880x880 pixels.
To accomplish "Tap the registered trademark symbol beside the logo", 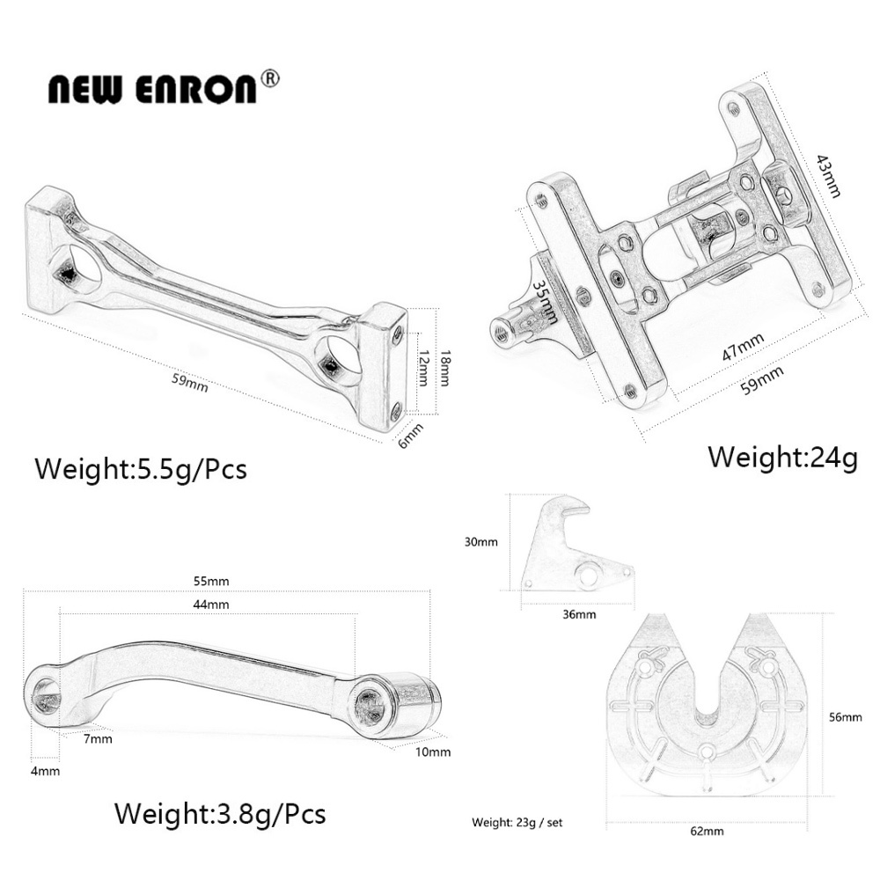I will point(271,78).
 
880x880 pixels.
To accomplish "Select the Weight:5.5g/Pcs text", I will point(141,468).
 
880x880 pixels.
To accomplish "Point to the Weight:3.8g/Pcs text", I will point(220,813).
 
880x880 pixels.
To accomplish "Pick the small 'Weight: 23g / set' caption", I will point(517,824).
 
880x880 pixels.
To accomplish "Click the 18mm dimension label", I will point(445,362).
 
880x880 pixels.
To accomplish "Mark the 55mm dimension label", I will point(212,581).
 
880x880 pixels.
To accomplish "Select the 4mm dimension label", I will point(45,771).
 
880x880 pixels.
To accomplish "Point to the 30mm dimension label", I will point(482,542).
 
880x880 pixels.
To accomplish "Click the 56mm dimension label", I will point(846,717).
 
